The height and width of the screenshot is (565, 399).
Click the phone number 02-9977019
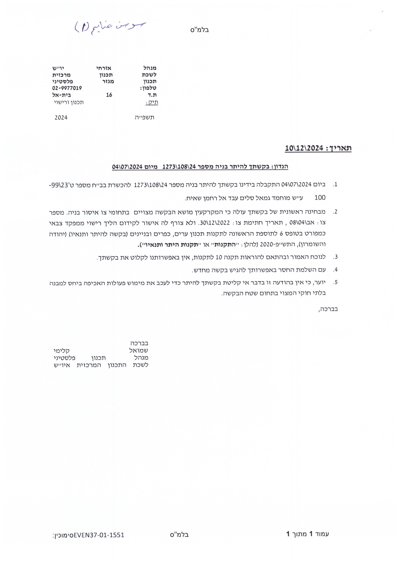[x=67, y=88]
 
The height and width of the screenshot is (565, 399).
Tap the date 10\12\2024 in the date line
[x=304, y=148]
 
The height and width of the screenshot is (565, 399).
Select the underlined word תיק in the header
[x=152, y=102]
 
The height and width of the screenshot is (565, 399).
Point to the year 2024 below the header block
[x=61, y=118]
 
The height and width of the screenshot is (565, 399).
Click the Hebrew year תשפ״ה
[x=144, y=118]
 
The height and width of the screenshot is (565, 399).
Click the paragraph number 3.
[x=335, y=257]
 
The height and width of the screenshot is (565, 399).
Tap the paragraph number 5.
[x=335, y=282]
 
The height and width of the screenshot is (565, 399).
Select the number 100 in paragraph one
[x=320, y=197]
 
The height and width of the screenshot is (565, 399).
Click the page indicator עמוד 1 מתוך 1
[x=308, y=534]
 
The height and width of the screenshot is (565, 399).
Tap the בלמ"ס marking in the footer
[x=179, y=535]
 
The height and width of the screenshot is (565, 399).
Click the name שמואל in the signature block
[x=139, y=351]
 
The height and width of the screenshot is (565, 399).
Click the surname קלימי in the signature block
[x=61, y=351]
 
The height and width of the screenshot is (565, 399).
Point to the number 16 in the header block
[x=109, y=95]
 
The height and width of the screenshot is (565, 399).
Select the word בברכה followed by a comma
[x=328, y=309]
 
